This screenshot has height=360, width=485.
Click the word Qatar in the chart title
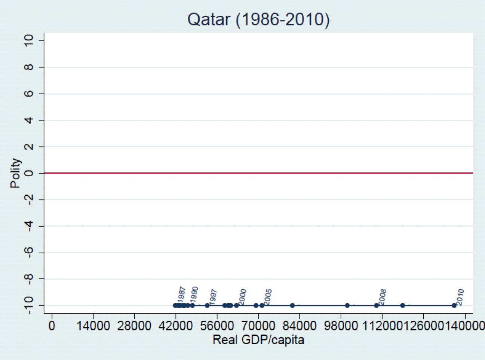click(209, 19)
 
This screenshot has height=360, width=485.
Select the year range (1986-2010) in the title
click(282, 19)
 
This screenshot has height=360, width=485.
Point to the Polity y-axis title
click(15, 173)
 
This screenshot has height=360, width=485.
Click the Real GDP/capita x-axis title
click(258, 340)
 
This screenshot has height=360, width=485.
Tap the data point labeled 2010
click(454, 305)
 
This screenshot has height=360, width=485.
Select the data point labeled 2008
click(376, 305)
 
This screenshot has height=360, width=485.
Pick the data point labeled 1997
click(207, 305)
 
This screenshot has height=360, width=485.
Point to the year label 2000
click(242, 297)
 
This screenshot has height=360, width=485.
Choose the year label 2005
click(268, 297)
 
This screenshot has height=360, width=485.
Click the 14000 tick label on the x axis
click(93, 326)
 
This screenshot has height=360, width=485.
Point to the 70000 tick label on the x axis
click(258, 326)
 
